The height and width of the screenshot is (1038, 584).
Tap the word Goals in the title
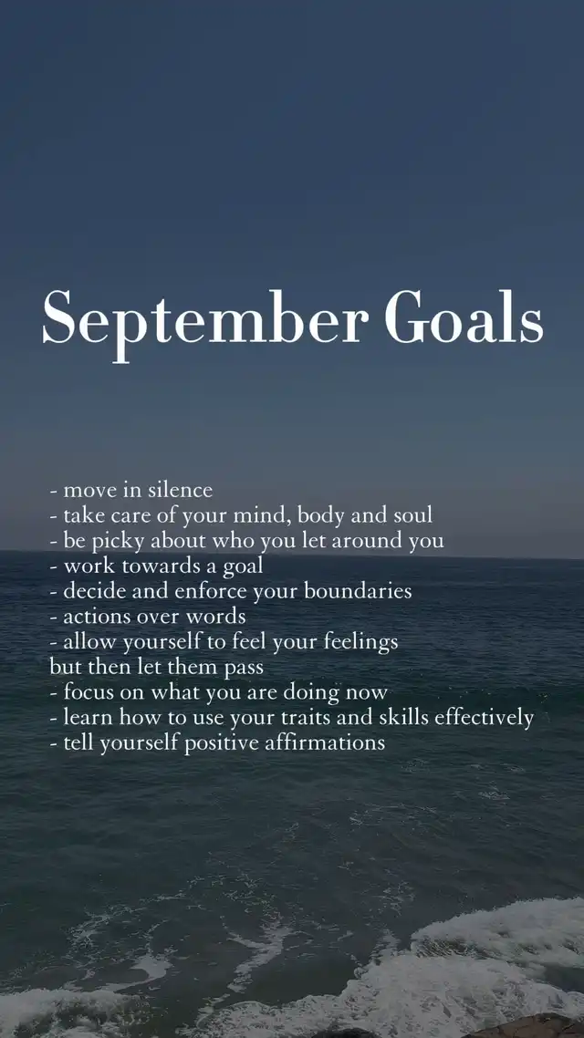pyautogui.click(x=464, y=317)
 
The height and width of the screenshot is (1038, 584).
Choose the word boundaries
pyautogui.click(x=358, y=591)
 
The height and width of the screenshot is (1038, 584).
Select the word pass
pyautogui.click(x=243, y=669)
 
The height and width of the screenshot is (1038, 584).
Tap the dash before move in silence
pyautogui.click(x=53, y=492)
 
